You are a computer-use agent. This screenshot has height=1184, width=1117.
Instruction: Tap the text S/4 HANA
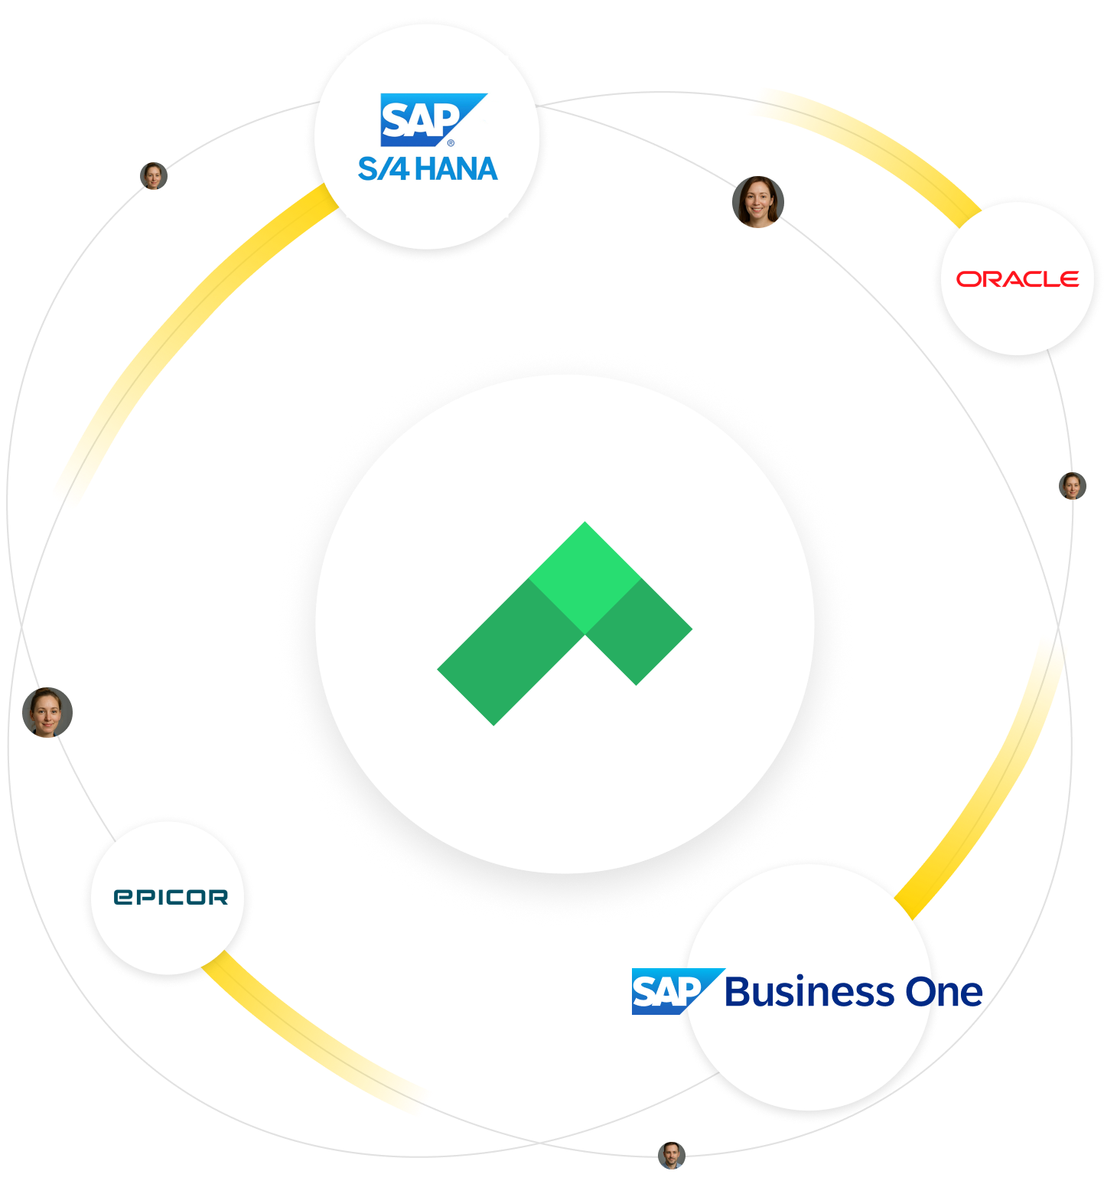(x=428, y=169)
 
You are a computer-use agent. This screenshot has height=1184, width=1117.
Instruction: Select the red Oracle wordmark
(x=1018, y=279)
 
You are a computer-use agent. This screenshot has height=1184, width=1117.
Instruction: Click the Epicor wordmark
(x=171, y=897)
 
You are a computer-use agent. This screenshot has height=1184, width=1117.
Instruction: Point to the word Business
(x=809, y=993)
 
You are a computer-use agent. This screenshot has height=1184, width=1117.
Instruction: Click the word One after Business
(x=944, y=993)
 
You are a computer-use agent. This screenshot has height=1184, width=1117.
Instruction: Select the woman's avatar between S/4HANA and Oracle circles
(x=757, y=201)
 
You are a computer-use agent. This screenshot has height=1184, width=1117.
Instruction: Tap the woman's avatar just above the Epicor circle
(x=47, y=712)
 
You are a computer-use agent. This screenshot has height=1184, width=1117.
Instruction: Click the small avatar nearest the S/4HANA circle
(x=154, y=176)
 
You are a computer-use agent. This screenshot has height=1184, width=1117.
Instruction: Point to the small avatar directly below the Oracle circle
(x=1072, y=486)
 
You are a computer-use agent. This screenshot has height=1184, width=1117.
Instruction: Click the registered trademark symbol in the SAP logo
(x=451, y=142)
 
